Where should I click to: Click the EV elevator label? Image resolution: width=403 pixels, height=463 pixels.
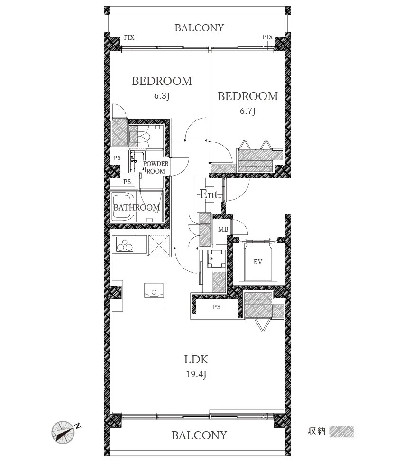(x=257, y=262)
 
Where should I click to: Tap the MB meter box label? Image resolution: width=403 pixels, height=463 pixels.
(x=223, y=229)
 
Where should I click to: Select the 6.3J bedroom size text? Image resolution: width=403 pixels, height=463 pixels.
(x=162, y=96)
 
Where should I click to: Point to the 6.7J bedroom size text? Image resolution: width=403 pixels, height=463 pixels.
(x=247, y=111)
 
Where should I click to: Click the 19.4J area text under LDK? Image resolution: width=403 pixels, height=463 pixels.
(x=196, y=374)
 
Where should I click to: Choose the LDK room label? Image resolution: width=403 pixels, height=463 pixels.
(x=196, y=360)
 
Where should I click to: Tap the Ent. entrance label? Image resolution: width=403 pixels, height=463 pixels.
(x=211, y=194)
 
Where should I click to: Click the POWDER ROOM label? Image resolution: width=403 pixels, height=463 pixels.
(x=156, y=167)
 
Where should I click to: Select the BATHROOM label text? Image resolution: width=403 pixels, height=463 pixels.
(x=137, y=208)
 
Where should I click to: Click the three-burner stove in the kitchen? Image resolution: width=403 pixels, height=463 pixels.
(x=125, y=244)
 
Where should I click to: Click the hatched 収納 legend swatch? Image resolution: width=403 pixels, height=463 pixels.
(x=341, y=432)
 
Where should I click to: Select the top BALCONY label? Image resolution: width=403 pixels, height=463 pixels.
(x=200, y=28)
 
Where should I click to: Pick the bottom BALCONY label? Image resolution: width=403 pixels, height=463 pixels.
(x=200, y=435)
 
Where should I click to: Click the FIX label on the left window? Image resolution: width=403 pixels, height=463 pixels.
(x=129, y=37)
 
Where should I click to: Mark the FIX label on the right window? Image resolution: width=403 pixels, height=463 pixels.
(x=267, y=37)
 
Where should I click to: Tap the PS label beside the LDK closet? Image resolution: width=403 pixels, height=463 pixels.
(x=217, y=307)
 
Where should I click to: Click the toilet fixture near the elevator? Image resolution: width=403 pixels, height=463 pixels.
(x=216, y=259)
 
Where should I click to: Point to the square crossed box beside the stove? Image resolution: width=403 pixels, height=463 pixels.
(x=159, y=245)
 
